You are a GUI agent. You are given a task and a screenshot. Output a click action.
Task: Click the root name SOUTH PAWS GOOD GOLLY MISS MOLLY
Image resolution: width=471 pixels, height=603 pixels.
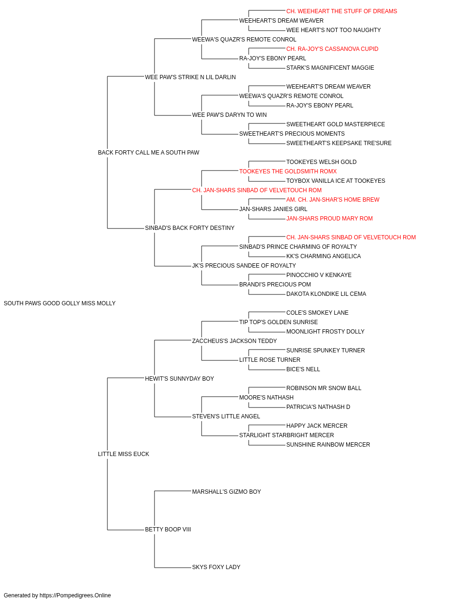60,303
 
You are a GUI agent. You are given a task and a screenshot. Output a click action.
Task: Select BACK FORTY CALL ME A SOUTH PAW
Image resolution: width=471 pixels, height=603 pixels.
148,153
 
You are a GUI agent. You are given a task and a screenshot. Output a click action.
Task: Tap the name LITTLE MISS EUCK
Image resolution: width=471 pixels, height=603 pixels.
123,454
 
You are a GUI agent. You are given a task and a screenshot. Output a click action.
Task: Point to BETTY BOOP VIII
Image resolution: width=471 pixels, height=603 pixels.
168,530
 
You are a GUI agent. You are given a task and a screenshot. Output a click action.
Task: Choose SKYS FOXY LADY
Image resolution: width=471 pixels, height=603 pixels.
216,567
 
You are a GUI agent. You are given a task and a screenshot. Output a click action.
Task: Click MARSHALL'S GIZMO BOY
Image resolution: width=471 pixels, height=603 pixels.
227,492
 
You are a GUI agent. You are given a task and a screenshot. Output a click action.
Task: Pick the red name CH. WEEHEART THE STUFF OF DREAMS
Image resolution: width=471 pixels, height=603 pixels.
341,11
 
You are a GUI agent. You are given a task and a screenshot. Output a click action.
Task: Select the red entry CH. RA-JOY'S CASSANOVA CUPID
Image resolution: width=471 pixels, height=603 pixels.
333,49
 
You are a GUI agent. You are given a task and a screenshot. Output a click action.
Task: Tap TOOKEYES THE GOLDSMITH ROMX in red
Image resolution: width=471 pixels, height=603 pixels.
288,171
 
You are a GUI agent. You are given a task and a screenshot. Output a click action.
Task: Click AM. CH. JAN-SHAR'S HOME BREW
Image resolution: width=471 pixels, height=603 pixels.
333,200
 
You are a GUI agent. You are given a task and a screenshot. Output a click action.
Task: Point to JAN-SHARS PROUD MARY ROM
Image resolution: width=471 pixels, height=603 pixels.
329,219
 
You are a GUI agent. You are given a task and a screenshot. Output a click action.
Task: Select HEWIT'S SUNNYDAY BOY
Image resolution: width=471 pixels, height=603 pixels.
179,379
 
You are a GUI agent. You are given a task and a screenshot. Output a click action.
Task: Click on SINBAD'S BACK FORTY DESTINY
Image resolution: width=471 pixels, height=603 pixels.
190,228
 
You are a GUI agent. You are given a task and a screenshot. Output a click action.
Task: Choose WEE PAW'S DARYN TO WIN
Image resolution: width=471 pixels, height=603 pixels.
229,115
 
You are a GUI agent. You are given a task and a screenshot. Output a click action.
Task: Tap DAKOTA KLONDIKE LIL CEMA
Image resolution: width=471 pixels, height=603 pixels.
326,294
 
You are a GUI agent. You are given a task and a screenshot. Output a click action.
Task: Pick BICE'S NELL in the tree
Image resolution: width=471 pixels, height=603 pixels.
303,369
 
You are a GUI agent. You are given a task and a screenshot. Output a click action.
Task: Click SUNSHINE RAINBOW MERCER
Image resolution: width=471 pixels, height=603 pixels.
328,445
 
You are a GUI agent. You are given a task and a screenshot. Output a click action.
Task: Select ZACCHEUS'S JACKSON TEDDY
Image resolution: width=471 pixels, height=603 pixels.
235,341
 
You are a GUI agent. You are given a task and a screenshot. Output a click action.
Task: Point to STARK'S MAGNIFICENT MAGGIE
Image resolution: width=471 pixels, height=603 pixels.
330,68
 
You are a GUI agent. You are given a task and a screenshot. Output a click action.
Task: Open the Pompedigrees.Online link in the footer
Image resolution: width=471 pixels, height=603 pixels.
75,595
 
